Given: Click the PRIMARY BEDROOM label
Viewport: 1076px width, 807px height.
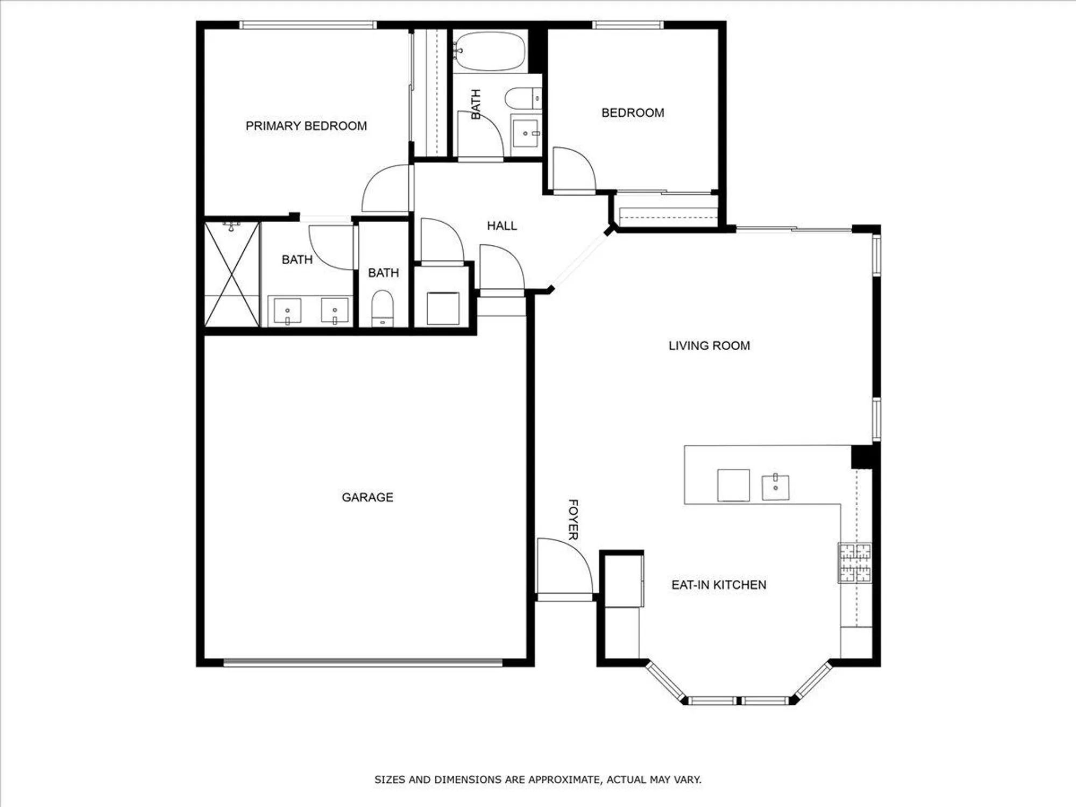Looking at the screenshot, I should [306, 126].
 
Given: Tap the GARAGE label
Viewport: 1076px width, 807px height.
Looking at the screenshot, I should [367, 497].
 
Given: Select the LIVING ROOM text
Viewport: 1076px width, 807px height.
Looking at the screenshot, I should [709, 345].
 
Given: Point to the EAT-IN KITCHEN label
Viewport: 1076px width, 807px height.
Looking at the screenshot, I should [719, 585].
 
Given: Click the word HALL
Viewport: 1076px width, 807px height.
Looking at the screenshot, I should [501, 226].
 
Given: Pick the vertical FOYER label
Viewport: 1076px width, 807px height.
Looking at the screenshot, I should [574, 519].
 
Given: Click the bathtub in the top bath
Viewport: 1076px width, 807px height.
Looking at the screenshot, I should [489, 52].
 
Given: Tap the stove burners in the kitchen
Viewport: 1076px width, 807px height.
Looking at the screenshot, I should [855, 563].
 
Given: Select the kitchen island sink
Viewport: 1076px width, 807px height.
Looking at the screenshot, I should [775, 487].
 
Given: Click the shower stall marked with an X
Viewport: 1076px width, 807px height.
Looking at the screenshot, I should [232, 274].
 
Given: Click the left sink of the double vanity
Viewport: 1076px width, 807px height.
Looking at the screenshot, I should [287, 311].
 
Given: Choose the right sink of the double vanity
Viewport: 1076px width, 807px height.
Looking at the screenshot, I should [335, 311].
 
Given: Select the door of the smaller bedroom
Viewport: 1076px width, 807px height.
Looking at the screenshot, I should [574, 169].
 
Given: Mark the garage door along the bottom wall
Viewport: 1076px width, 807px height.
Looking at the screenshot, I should [363, 663].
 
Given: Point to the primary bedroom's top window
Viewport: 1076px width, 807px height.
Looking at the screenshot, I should [308, 25].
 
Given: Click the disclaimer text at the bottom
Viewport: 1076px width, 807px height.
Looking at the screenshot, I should [538, 780].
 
